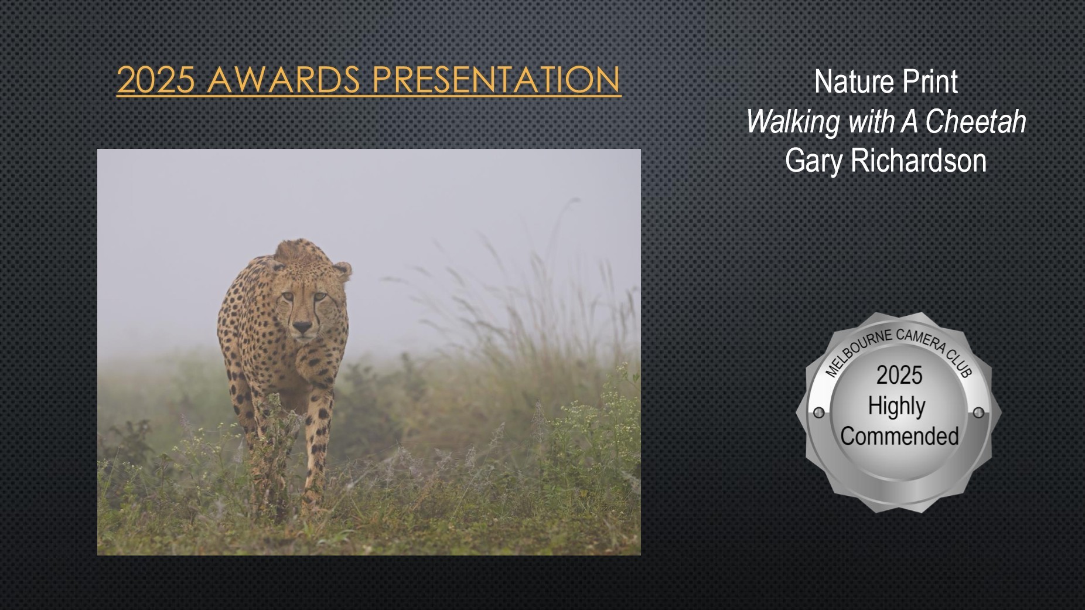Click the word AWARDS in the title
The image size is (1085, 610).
click(x=284, y=80)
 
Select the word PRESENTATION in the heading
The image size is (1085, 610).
click(x=496, y=80)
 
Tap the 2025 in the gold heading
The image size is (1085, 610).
click(x=156, y=80)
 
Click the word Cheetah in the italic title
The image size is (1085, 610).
click(x=975, y=121)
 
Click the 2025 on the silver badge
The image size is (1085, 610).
click(x=899, y=375)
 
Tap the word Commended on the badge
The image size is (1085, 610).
click(x=899, y=437)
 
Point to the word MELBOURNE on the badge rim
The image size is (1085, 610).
click(x=857, y=354)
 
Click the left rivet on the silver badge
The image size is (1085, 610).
click(x=819, y=413)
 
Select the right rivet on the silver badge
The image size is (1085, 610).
click(x=978, y=413)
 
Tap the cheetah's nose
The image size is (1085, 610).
click(x=302, y=326)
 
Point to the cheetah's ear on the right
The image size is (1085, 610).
click(x=342, y=271)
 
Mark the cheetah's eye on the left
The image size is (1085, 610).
click(x=286, y=298)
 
